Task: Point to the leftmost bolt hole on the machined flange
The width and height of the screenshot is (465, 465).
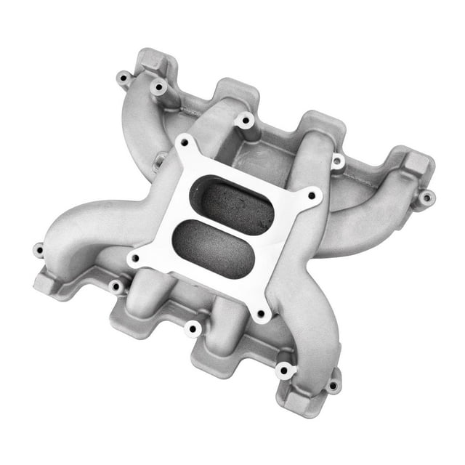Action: click(134, 258)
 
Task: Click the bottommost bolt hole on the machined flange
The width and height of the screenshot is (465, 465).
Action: click(260, 314)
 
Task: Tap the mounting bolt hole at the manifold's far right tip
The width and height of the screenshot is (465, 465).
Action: click(426, 196)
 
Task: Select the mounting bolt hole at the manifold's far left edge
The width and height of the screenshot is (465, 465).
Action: click(38, 251)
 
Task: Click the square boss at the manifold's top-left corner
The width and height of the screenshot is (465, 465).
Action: click(151, 61)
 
